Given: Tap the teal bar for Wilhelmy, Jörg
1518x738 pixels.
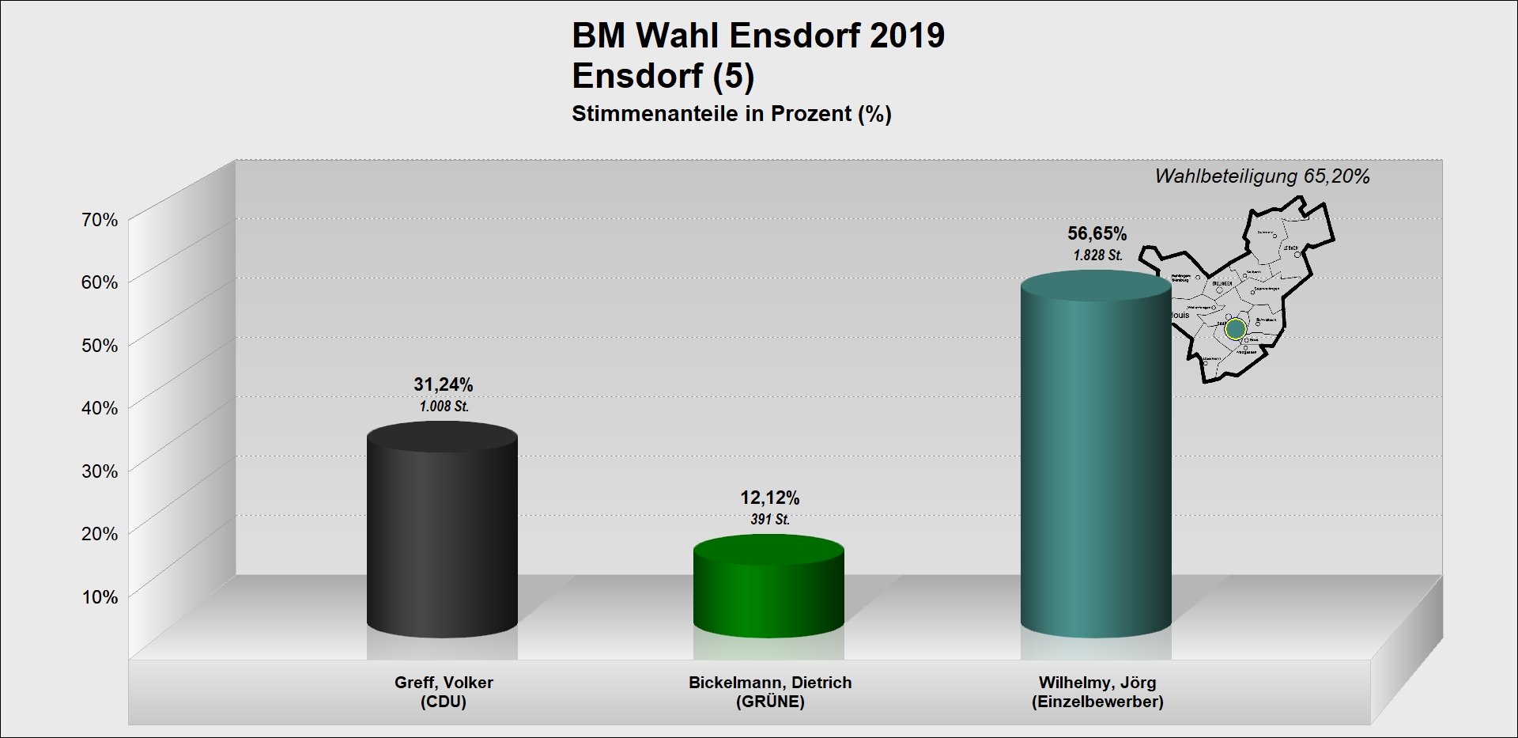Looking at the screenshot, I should coord(1095,459).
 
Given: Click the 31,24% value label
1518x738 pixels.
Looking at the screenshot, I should coord(443,384).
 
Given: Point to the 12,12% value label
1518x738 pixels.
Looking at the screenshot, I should coord(769,498).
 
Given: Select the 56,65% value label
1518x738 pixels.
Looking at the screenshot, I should coord(1097,233).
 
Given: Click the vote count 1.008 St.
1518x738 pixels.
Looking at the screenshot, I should coord(444,407).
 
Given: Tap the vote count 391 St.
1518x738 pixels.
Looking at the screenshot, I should coord(769,520).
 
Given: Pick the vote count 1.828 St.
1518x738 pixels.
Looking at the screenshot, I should coord(1097,255).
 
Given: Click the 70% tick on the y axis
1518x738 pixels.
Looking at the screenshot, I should coord(100,220).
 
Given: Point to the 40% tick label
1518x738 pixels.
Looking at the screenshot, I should coord(100,408).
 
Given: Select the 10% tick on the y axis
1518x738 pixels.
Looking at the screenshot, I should coord(100,597).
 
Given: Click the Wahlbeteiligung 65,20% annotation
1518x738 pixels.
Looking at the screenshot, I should coord(1262,176).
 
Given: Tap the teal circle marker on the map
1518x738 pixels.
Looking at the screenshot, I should coord(1236,328).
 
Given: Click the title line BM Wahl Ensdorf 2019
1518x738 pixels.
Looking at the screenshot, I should coord(757,36).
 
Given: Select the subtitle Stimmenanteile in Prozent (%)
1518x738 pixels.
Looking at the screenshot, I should coord(731,114).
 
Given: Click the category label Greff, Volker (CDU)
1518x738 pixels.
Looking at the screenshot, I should coord(444,692).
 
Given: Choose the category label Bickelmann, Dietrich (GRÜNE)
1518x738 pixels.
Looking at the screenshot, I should coord(769,692).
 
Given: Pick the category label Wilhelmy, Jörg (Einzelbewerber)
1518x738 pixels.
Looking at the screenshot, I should coord(1097,692).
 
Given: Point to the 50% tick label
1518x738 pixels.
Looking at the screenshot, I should coord(100,346).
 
